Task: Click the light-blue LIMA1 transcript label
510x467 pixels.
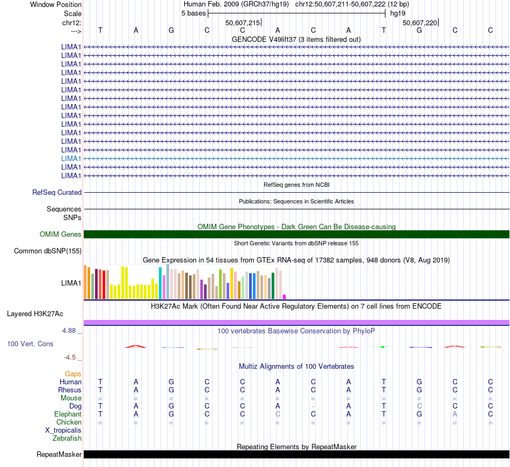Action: tap(71, 158)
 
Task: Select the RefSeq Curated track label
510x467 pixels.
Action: tap(57, 192)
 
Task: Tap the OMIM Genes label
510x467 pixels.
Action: tap(60, 234)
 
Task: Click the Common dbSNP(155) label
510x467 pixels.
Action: tap(48, 251)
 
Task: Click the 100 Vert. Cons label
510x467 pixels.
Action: tap(30, 344)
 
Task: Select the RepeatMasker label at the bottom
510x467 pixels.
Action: tap(59, 455)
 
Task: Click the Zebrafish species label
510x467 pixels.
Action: tap(67, 439)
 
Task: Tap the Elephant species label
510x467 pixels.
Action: tap(68, 414)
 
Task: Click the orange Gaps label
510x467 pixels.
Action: tap(73, 374)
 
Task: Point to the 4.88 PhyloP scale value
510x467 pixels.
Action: tap(69, 331)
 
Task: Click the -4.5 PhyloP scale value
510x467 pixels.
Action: tap(70, 357)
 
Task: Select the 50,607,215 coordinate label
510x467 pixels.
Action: tap(243, 23)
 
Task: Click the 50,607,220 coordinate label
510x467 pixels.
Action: tap(420, 23)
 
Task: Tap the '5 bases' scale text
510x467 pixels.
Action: tap(193, 13)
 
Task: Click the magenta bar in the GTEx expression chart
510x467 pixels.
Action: tap(285, 296)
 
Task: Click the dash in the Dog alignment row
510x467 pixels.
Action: tap(313, 406)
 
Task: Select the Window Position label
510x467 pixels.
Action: tap(56, 4)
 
